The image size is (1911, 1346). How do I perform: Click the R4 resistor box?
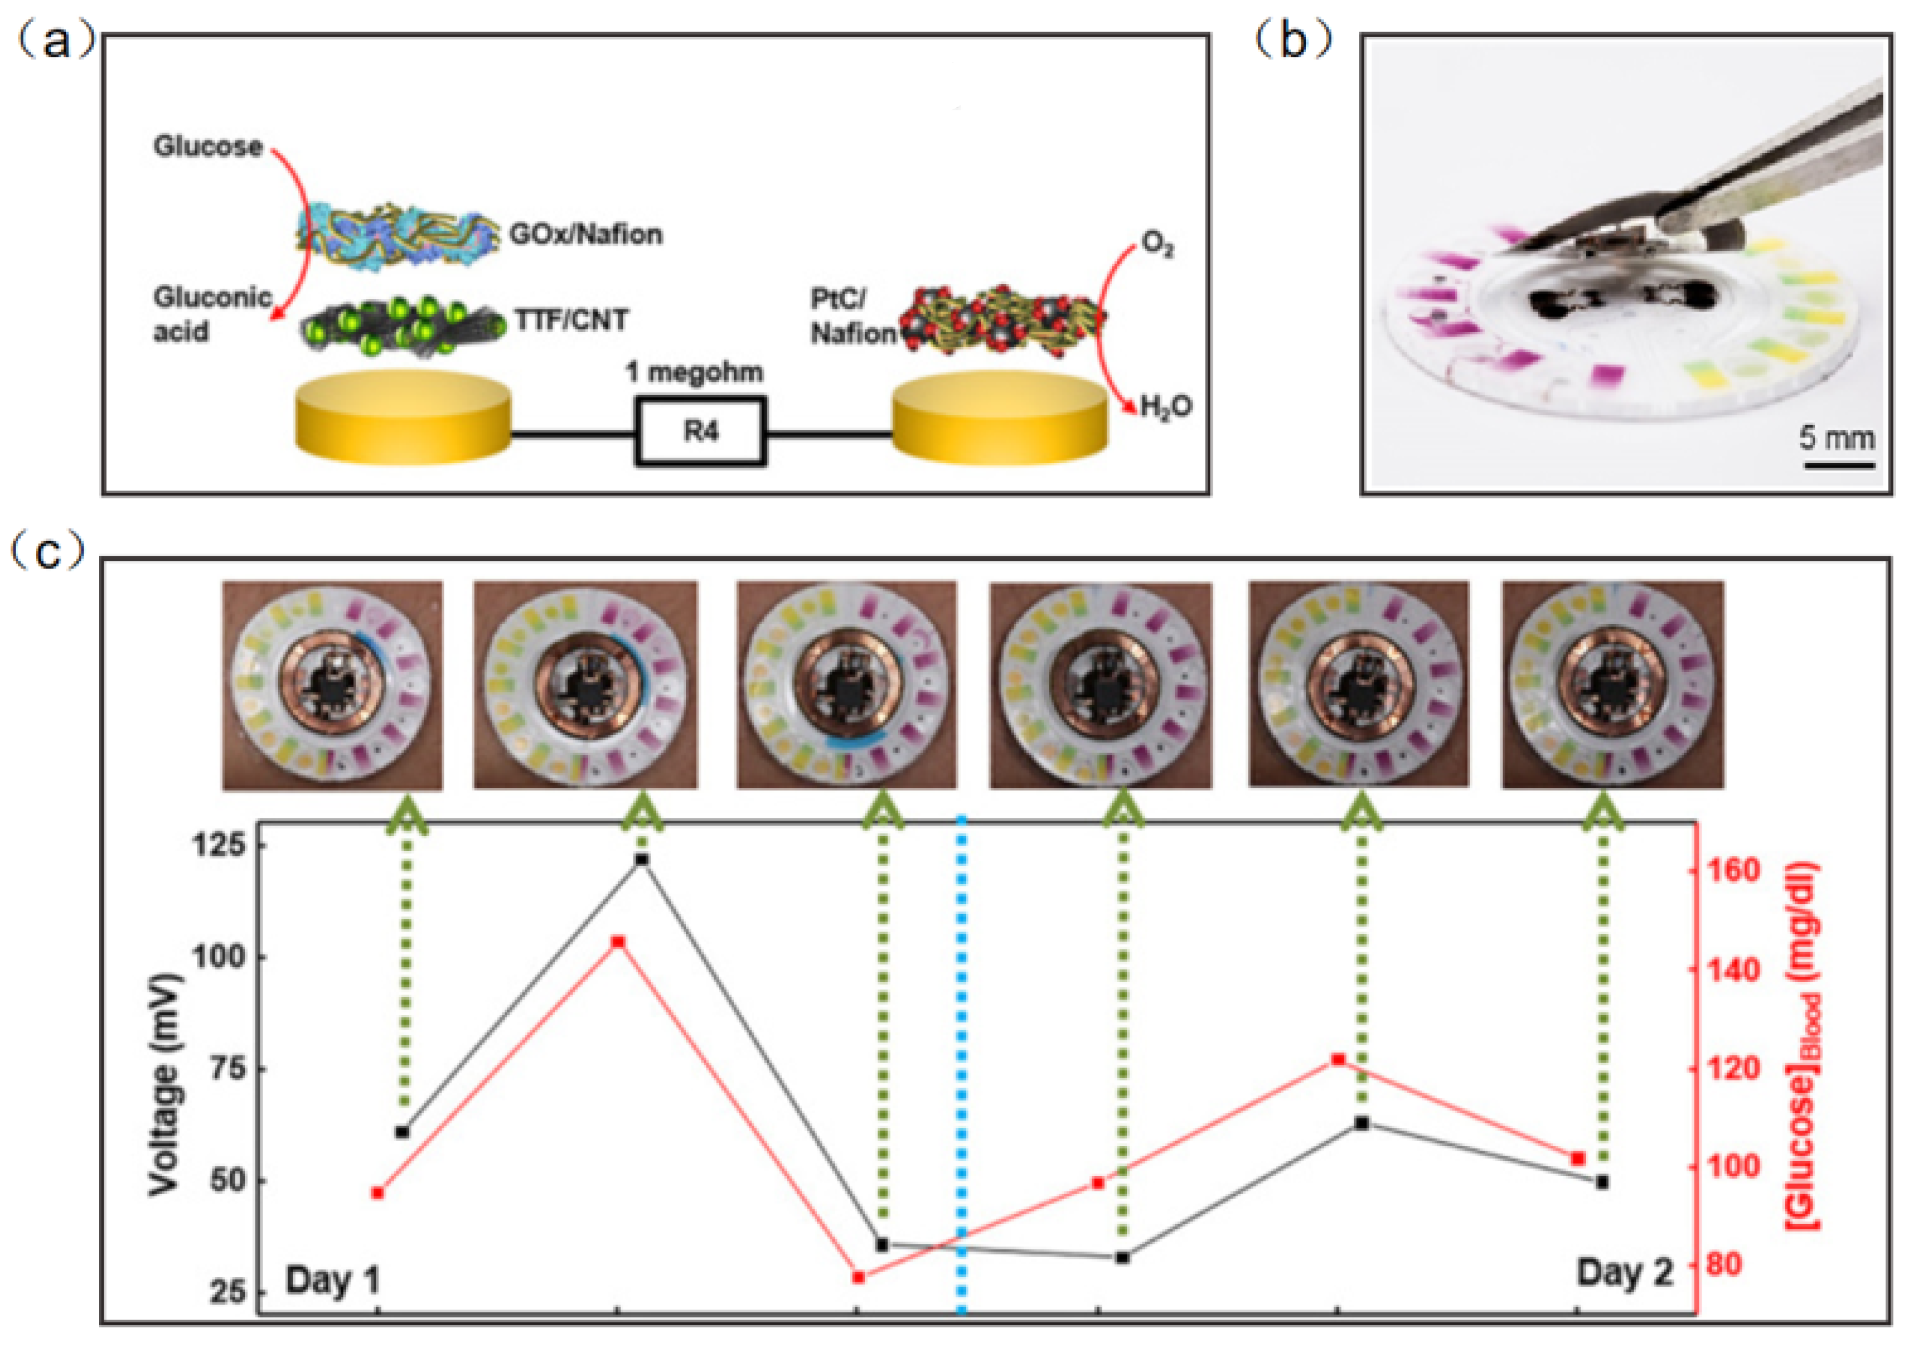coord(700,431)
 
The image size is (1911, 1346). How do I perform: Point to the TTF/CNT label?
coord(571,320)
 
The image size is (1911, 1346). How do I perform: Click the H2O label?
coord(1165,407)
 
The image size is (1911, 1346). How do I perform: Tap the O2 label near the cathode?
coord(1157,243)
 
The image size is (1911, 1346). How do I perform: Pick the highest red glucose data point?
coord(618,941)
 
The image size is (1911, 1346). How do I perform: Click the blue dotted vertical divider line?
coord(962,1040)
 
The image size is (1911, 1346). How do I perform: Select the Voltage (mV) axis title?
coord(166,1083)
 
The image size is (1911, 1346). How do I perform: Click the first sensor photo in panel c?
coord(332,685)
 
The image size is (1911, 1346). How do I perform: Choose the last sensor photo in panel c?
coord(1612,685)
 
